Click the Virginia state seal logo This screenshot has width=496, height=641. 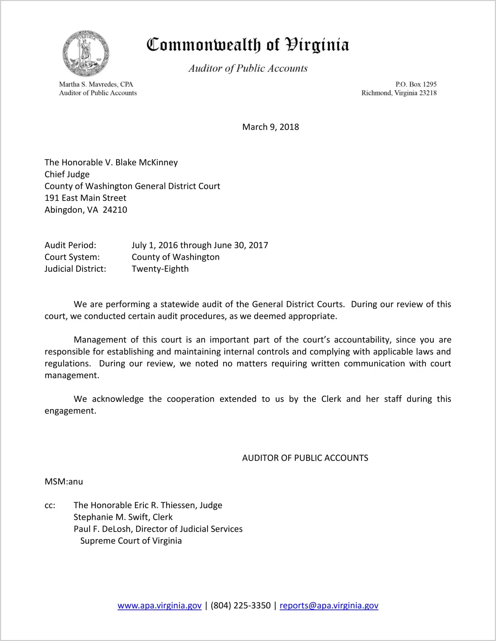click(86, 53)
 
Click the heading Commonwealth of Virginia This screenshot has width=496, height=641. click(248, 45)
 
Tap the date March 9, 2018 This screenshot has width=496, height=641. click(270, 127)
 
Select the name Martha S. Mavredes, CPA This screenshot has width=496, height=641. click(96, 84)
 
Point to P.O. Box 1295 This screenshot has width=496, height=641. click(416, 84)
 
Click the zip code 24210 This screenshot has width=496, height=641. click(115, 210)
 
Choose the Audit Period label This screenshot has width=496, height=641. click(70, 245)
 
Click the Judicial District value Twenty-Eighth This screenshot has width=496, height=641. click(160, 269)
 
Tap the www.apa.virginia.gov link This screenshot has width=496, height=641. click(159, 605)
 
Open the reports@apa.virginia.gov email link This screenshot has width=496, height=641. click(329, 605)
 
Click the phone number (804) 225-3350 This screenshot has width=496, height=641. click(240, 605)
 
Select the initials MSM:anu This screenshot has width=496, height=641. click(64, 482)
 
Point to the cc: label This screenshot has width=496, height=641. click(50, 506)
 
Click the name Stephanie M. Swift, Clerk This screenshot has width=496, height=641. click(123, 517)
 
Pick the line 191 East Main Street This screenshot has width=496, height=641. click(85, 198)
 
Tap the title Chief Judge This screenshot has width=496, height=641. click(67, 175)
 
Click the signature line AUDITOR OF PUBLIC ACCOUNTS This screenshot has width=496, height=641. click(305, 458)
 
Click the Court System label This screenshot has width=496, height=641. click(72, 257)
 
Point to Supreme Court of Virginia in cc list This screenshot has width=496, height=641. click(131, 541)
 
